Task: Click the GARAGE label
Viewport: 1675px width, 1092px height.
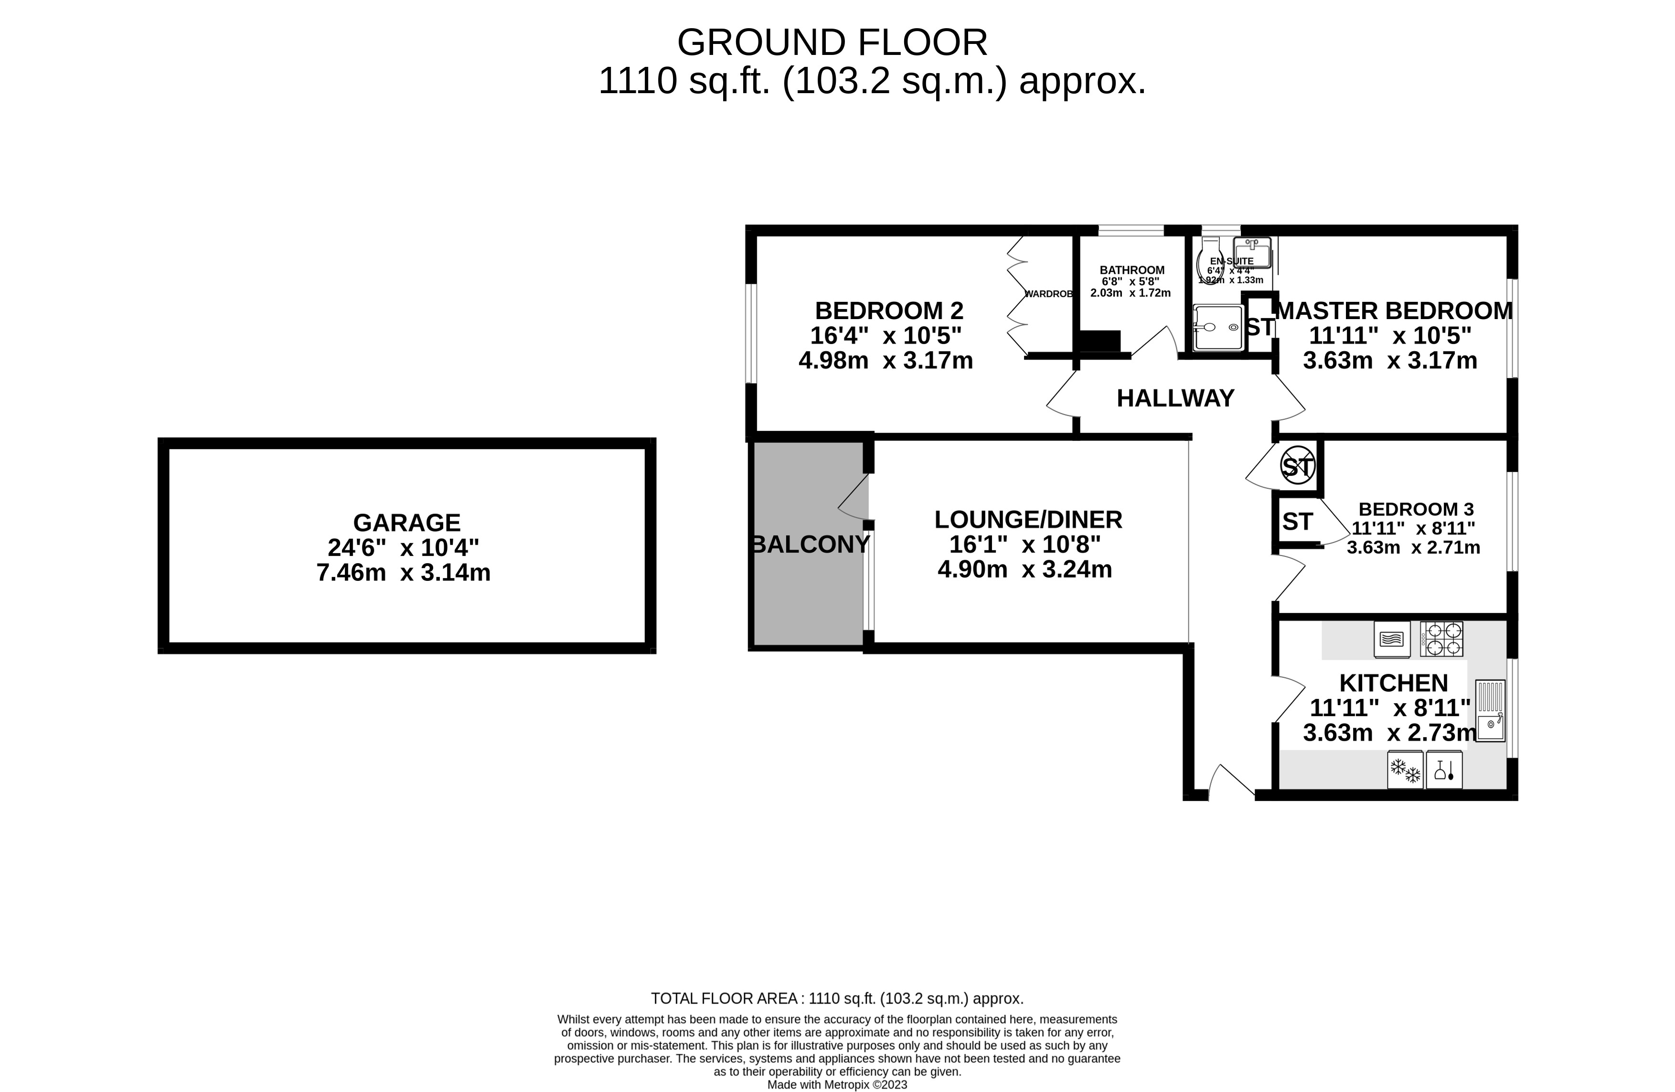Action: pyautogui.click(x=407, y=523)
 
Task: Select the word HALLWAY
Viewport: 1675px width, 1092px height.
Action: pyautogui.click(x=1175, y=398)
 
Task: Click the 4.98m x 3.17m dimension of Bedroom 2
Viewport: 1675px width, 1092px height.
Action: pyautogui.click(x=886, y=361)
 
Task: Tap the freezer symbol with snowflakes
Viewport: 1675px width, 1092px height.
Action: pyautogui.click(x=1405, y=770)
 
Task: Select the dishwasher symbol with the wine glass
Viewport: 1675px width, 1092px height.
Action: pyautogui.click(x=1444, y=770)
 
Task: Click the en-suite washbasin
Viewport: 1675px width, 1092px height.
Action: pyautogui.click(x=1252, y=253)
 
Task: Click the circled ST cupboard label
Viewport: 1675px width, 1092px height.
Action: pyautogui.click(x=1298, y=466)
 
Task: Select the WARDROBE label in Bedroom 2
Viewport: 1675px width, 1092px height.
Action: pyautogui.click(x=1049, y=294)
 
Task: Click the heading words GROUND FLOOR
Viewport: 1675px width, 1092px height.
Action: pyautogui.click(x=832, y=43)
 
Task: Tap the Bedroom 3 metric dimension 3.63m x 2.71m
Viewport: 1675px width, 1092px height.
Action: pyautogui.click(x=1413, y=547)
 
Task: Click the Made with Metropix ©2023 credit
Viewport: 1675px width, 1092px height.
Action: pyautogui.click(x=837, y=1084)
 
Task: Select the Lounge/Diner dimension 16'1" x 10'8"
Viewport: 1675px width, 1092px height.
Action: pyautogui.click(x=1024, y=544)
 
